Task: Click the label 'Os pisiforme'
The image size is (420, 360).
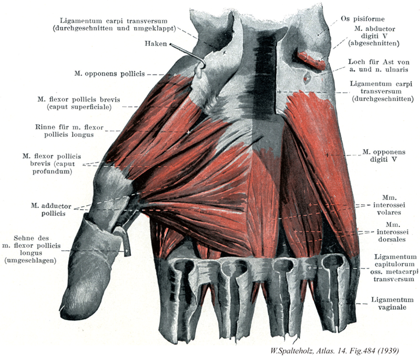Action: [x=362, y=18]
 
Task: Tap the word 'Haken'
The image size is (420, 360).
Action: [x=156, y=43]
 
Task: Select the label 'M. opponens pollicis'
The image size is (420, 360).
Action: [x=109, y=73]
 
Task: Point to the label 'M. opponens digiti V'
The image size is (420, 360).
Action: [x=384, y=155]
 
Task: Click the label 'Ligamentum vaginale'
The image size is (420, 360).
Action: [x=392, y=303]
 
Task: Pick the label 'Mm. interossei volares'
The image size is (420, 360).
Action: [x=389, y=205]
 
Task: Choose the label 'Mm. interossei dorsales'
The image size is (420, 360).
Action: [x=392, y=232]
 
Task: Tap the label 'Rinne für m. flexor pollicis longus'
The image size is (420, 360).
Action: [x=69, y=131]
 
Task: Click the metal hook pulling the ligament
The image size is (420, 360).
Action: [x=187, y=55]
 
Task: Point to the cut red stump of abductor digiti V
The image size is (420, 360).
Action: [x=311, y=60]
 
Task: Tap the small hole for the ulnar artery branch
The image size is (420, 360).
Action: [x=307, y=78]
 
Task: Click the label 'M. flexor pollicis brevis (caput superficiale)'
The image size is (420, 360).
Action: [x=79, y=103]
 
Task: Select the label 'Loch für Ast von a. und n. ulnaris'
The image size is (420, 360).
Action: [x=379, y=65]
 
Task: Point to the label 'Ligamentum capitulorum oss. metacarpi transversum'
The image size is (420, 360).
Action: [x=394, y=268]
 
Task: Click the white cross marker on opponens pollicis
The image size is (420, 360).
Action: [x=175, y=75]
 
